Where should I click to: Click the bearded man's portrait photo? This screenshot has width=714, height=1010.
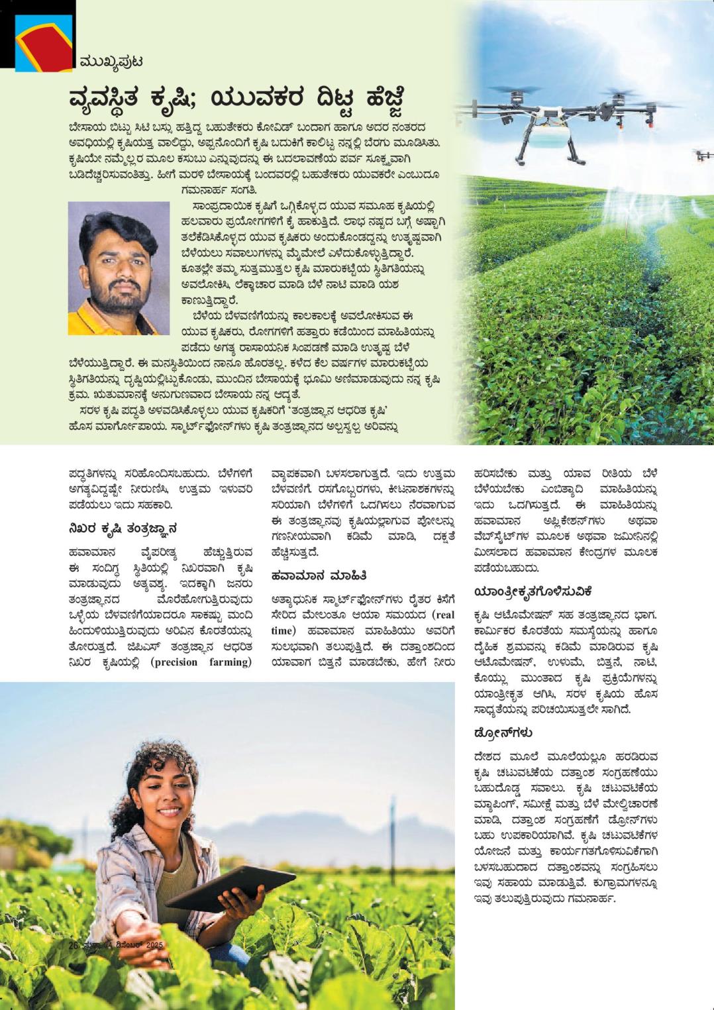[119, 268]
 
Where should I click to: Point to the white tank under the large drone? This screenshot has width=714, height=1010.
[542, 136]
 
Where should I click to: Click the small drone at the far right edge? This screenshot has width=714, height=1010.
[703, 156]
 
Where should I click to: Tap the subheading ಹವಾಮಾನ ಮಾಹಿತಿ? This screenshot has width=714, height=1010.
[319, 575]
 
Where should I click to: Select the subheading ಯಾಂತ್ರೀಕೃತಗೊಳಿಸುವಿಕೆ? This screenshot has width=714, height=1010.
[533, 591]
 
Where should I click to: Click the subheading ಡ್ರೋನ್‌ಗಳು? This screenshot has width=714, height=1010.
[503, 732]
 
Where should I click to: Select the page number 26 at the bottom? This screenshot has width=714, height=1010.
[74, 946]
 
